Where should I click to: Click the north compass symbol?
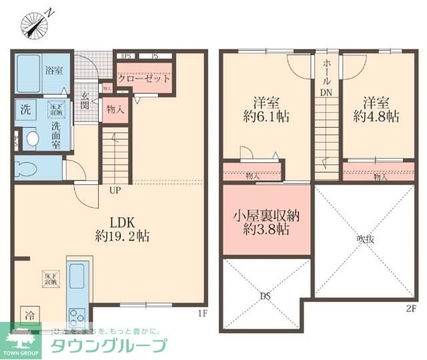33,25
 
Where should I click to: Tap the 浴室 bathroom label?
54,69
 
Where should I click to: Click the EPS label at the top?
126,55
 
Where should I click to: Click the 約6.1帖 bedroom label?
265,110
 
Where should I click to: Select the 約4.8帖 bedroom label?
376,110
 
